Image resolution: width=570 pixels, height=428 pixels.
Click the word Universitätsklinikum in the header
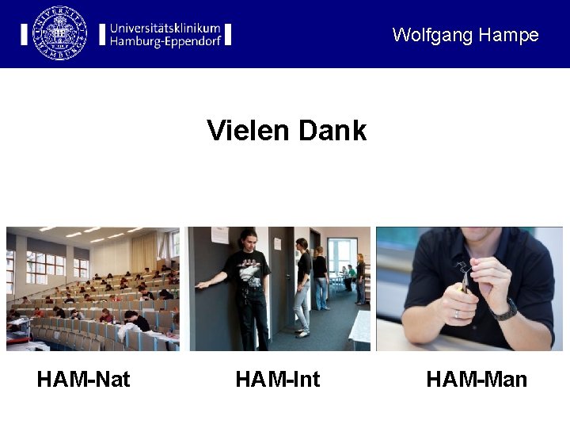point(165,27)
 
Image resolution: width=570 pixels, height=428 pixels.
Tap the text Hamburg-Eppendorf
point(165,41)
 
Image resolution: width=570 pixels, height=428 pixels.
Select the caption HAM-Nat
point(83,380)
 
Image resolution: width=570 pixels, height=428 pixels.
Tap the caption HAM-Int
point(277,380)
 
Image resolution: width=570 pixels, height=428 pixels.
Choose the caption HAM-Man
point(476,380)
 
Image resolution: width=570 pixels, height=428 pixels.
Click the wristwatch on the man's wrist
point(504,310)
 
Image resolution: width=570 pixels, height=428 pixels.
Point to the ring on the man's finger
point(457,314)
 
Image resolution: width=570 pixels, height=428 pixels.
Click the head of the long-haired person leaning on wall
point(247,241)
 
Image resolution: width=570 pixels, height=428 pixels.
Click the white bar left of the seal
point(24,34)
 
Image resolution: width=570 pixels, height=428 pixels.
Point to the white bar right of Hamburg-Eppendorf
point(228,34)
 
